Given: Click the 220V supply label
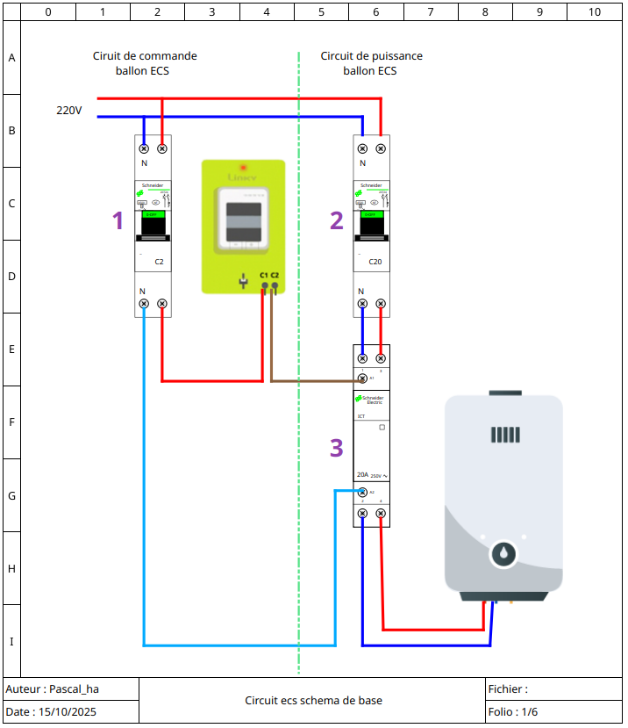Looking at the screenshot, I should pos(69,111).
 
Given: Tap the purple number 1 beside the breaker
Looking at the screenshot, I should pos(118,220).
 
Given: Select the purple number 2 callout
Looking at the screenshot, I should pos(336,220).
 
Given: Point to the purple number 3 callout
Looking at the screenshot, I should pos(336,448).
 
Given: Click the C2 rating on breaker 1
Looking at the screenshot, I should pos(159,262).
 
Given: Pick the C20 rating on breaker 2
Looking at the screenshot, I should pos(375,262).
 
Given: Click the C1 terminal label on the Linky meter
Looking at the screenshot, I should pos(263,276).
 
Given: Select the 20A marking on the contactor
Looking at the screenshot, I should pos(362,475).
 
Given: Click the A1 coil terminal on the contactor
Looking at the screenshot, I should pos(363,378).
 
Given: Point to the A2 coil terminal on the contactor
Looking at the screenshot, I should pos(363,493).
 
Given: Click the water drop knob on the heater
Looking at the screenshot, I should pos(503,554).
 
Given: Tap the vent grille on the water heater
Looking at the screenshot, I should pos(506,435).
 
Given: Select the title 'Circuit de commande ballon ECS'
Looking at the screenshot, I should pos(145,62).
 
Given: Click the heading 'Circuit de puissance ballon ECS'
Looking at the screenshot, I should pos(371,62).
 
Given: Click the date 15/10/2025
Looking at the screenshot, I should pos(52,712).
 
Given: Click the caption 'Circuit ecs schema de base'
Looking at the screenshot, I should pos(313,701).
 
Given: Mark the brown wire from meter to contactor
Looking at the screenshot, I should pos(316,381).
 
